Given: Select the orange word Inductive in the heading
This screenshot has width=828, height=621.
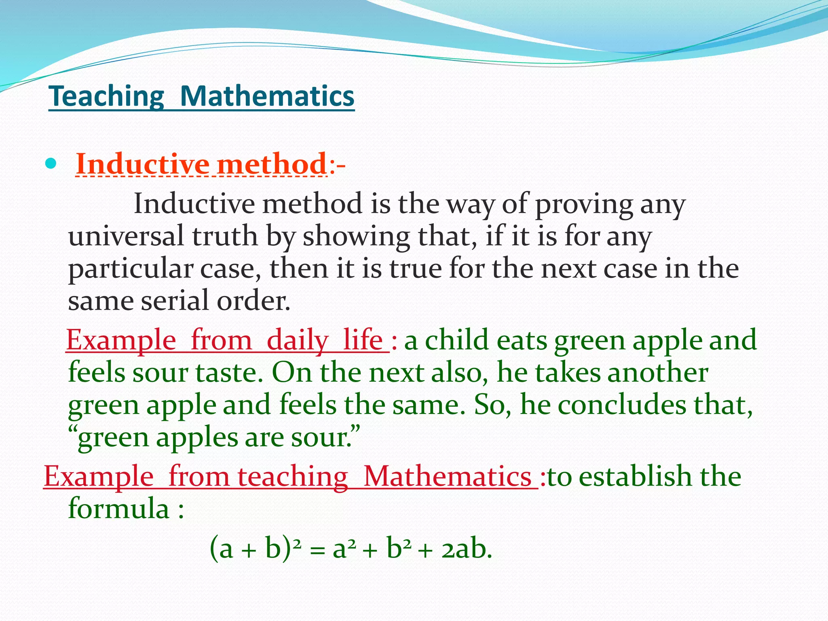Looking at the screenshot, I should pyautogui.click(x=142, y=165).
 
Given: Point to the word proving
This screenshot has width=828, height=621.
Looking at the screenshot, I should pyautogui.click(x=584, y=205).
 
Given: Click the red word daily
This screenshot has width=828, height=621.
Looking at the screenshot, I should pyautogui.click(x=298, y=340).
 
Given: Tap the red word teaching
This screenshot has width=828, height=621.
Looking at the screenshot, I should pyautogui.click(x=293, y=476).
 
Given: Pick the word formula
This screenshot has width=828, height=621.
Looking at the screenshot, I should pyautogui.click(x=118, y=509).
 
